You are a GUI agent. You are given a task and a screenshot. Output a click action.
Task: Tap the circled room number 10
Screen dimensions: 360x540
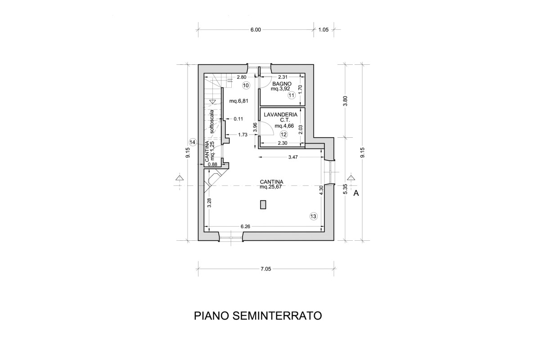coord(246,85)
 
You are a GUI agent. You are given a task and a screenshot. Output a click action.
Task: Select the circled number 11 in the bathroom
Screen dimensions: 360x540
coord(292,95)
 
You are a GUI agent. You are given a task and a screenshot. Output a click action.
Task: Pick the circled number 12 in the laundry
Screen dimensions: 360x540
coord(283,134)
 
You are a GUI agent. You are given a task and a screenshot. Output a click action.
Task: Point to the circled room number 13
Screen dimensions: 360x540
coord(314,216)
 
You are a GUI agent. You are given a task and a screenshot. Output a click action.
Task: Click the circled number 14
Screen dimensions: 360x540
coord(193,142)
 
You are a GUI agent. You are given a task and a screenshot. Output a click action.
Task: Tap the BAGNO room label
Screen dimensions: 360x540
coord(282,84)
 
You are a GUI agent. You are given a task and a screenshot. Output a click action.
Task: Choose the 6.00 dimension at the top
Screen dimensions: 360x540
coord(256,30)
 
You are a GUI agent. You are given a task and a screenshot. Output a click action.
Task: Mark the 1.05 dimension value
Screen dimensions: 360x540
coord(324,30)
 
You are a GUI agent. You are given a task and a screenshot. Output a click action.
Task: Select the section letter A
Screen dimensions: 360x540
coord(356,193)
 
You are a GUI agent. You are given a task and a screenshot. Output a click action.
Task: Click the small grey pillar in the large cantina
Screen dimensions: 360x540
coord(263,205)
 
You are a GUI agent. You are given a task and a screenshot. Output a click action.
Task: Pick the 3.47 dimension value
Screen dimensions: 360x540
coord(293,157)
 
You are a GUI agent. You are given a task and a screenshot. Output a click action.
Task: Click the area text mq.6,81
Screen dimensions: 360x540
coord(238,101)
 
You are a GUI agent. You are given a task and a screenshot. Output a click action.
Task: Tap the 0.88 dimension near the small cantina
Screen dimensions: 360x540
coord(212,164)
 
